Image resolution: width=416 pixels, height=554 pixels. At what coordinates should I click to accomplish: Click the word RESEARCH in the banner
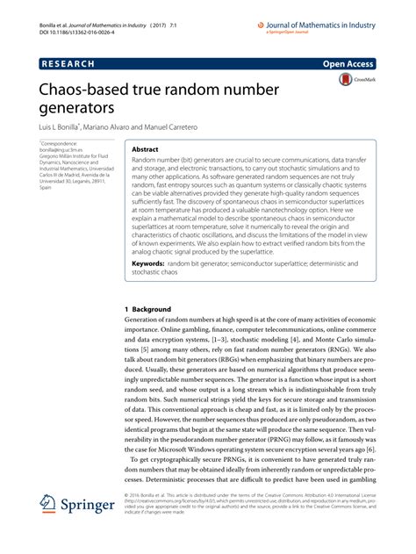tap(67, 64)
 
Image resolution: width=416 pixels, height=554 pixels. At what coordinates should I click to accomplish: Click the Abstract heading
tap(146, 149)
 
